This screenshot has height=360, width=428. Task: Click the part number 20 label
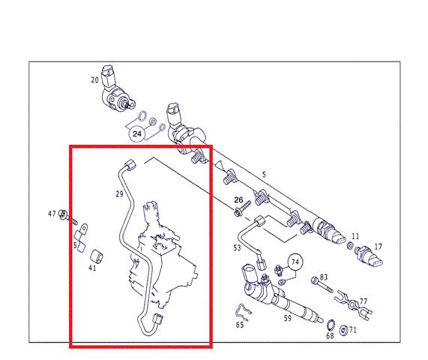(94, 80)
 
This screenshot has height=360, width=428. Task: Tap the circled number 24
(137, 133)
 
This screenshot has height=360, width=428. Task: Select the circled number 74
(295, 262)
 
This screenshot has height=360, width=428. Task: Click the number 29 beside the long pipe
(119, 194)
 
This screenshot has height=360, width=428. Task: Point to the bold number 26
(238, 200)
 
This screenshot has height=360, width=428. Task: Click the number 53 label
(237, 247)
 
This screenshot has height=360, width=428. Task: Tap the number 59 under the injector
(287, 318)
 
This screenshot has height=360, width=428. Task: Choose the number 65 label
(240, 325)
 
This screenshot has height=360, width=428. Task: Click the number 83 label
(324, 277)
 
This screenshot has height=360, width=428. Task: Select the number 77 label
(364, 301)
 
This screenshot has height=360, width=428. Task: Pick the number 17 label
(378, 247)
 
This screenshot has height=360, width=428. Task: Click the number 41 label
(92, 268)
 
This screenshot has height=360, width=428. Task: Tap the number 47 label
(52, 214)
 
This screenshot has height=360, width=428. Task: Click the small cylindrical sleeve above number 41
(97, 256)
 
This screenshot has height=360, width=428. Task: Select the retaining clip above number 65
(243, 311)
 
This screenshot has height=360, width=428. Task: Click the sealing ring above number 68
(331, 325)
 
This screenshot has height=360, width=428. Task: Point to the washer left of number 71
(343, 331)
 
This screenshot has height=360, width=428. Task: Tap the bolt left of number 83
(322, 284)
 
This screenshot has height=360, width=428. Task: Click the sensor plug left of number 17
(368, 256)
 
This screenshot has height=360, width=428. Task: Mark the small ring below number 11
(350, 245)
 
